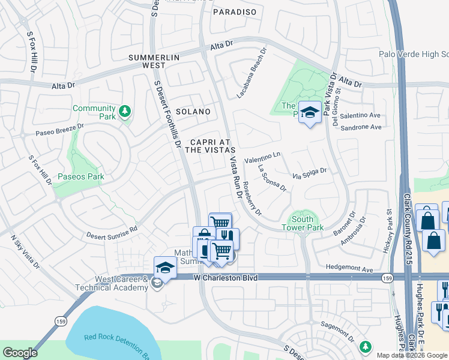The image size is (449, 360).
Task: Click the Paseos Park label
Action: (x=81, y=176)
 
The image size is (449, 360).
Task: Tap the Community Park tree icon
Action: (x=124, y=112)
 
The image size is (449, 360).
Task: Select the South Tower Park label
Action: (x=303, y=223)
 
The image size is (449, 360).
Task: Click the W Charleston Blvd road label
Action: (x=225, y=278)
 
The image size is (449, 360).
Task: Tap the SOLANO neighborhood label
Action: (x=193, y=112)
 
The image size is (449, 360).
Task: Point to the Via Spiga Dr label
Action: (x=309, y=173)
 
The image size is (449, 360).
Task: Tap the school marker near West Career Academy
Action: (x=165, y=266)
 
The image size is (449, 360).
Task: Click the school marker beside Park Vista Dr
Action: (x=310, y=112)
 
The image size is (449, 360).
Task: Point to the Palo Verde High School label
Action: (x=414, y=54)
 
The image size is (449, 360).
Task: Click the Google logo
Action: (x=20, y=352)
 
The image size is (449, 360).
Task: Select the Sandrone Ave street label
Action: (x=361, y=127)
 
